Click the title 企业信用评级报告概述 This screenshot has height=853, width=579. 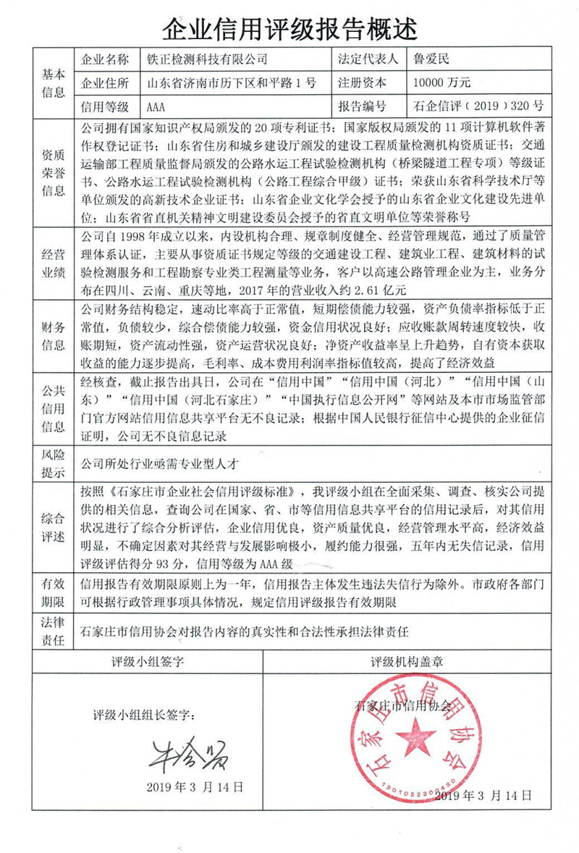(x=289, y=29)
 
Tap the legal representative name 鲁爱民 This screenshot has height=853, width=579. (x=431, y=60)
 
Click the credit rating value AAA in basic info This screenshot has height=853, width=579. (x=156, y=106)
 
